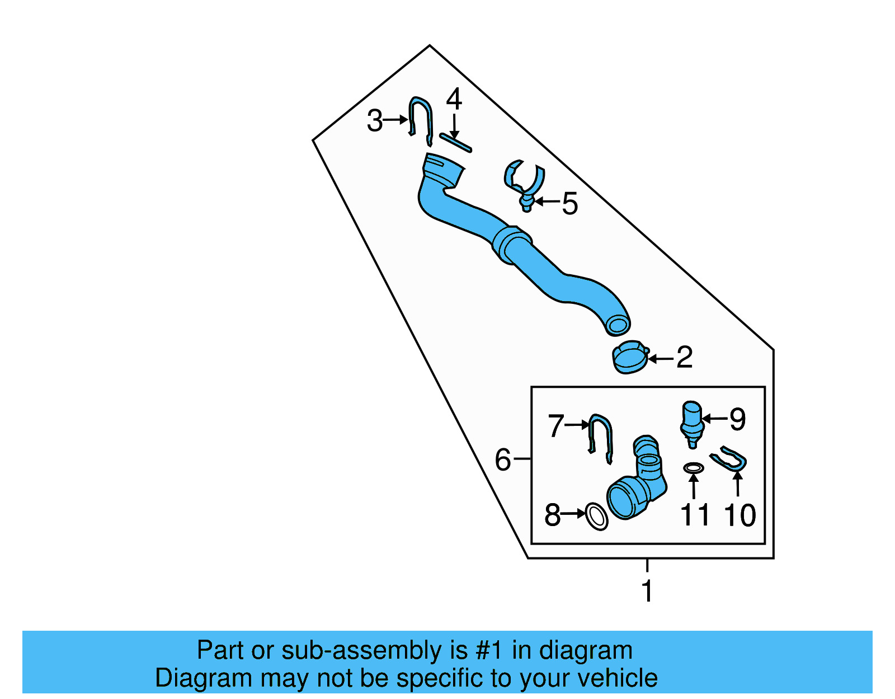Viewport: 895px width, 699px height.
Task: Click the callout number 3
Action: (x=374, y=121)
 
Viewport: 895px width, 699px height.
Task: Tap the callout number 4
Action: (x=454, y=100)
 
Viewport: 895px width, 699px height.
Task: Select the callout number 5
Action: (x=569, y=203)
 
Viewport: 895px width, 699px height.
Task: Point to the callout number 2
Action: (x=684, y=357)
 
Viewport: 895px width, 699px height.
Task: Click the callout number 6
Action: (x=503, y=460)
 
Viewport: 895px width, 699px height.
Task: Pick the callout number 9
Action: (x=737, y=419)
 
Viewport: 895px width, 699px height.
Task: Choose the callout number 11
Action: (x=694, y=515)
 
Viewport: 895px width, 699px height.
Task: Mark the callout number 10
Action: (x=739, y=515)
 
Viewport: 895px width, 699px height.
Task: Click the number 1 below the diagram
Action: (x=647, y=591)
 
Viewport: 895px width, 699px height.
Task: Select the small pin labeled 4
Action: (x=456, y=142)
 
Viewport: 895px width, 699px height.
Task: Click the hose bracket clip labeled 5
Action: (x=525, y=182)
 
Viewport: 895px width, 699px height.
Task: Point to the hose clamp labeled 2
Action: (x=630, y=358)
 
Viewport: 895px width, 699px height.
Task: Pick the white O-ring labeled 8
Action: (x=596, y=517)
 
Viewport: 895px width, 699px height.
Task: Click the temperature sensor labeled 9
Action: (x=692, y=423)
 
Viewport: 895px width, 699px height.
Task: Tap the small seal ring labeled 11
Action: (x=694, y=467)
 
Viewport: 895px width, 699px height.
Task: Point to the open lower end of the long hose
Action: (x=618, y=325)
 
